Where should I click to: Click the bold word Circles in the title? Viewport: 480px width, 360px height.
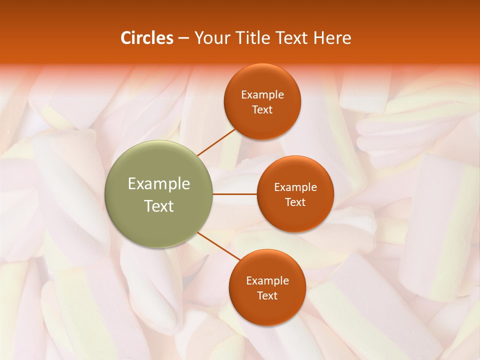click(x=147, y=38)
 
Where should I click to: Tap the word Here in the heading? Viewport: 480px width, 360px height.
click(x=332, y=38)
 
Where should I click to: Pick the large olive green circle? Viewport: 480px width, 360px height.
click(x=159, y=194)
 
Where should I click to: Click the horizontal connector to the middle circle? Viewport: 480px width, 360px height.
click(x=234, y=194)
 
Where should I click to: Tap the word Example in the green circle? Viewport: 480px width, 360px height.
click(x=159, y=184)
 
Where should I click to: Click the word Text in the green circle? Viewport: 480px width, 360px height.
click(x=159, y=206)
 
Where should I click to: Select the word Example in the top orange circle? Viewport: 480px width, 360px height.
click(x=262, y=95)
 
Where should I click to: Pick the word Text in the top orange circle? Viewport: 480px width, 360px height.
click(x=262, y=110)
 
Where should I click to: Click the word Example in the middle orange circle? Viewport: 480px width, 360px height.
click(x=295, y=187)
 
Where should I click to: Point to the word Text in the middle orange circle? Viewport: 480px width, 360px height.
click(x=295, y=202)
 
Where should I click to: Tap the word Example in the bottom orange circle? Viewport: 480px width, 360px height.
click(x=267, y=281)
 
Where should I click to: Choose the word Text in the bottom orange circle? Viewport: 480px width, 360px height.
click(x=267, y=296)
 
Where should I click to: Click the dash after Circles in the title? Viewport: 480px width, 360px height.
click(x=183, y=38)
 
